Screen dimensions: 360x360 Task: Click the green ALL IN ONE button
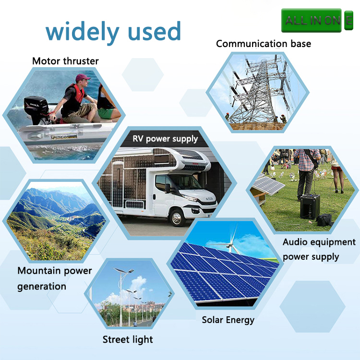pos(317,21)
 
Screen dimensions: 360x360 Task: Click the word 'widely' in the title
pos(83,32)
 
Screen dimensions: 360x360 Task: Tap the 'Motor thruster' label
pos(65,61)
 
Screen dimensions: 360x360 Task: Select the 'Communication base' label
pos(264,44)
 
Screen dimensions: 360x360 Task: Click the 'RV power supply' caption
pos(165,139)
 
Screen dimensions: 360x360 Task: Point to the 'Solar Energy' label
pos(228,320)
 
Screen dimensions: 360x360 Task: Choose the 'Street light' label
pos(128,339)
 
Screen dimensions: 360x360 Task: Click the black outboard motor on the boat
pos(37,110)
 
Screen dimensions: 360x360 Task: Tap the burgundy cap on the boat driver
pos(82,78)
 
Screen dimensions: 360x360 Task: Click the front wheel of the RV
pos(177,217)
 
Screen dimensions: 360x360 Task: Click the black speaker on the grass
pos(310,206)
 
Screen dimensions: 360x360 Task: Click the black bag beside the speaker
pos(324,220)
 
